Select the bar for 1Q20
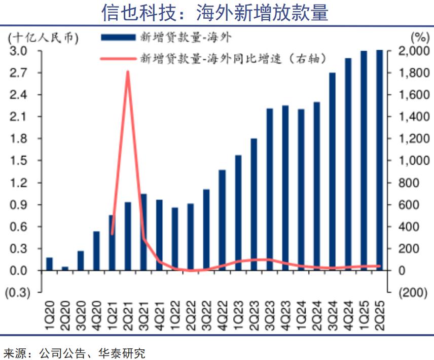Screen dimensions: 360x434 49,264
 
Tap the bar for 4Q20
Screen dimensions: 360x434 96,251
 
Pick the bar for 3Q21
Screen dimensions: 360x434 143,232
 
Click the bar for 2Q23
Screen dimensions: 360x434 254,204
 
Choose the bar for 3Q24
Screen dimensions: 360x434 332,171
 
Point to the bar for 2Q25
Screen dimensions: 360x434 379,160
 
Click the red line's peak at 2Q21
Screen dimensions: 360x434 128,72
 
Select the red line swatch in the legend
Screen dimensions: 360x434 118,58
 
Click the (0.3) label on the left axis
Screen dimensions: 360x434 18,293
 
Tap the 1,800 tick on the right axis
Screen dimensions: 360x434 411,73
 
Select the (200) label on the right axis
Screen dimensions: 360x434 411,293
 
